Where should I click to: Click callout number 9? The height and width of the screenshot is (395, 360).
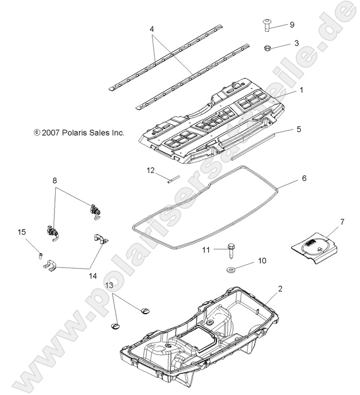(x=291, y=25)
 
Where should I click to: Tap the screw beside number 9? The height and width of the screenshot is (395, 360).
(x=267, y=24)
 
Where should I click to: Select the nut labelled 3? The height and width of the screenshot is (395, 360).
(x=268, y=48)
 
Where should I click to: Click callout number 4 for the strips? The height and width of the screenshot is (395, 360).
(x=152, y=30)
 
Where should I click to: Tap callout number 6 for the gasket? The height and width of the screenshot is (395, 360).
(x=304, y=179)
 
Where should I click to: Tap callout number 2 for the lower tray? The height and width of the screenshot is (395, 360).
(x=294, y=289)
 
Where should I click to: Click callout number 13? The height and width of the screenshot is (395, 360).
(x=110, y=286)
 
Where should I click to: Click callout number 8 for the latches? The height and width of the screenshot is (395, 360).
(x=55, y=180)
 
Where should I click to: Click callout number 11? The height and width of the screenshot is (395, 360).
(x=206, y=249)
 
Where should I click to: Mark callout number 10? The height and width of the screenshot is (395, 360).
(x=262, y=261)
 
